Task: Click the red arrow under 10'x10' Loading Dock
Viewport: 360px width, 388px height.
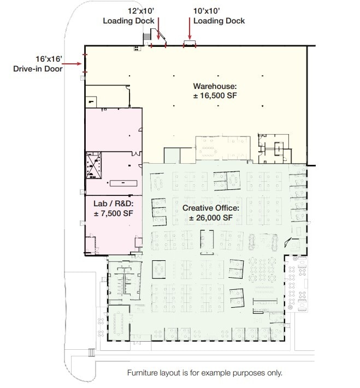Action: (x=190, y=30)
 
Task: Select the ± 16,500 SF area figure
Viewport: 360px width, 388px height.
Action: (x=215, y=96)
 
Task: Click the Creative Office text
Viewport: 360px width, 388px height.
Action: (x=211, y=208)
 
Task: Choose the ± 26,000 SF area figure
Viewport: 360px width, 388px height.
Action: (x=211, y=218)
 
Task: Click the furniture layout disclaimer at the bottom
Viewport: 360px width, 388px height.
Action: (x=205, y=373)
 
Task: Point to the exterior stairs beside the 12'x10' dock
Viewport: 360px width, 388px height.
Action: (x=146, y=38)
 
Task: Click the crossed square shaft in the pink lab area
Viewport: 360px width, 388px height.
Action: (x=94, y=165)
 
